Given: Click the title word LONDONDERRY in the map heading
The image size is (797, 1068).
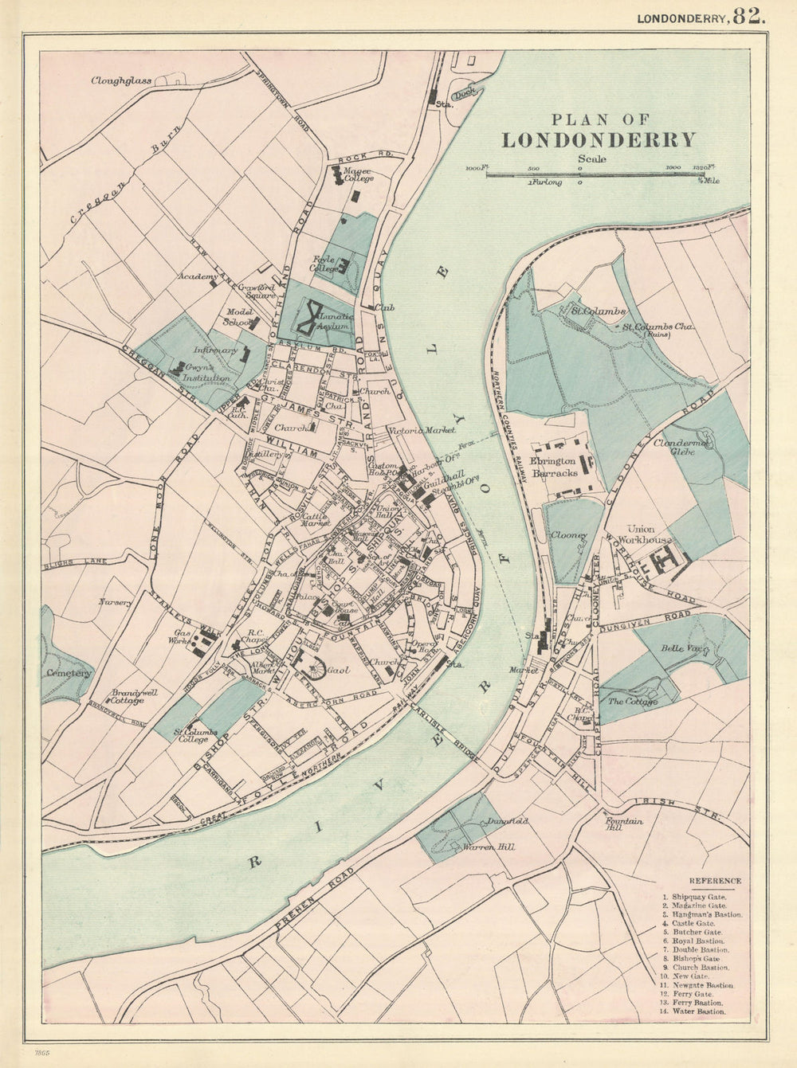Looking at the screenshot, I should [x=598, y=140].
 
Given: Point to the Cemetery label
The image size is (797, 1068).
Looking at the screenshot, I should [x=69, y=673].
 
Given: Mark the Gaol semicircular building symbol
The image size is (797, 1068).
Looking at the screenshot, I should [x=313, y=667].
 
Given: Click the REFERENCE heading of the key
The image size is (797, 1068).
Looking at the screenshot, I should [x=714, y=881].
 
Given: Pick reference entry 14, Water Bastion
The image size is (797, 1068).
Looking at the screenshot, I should [x=694, y=1011].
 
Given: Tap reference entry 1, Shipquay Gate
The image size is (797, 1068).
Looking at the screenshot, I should [x=694, y=897].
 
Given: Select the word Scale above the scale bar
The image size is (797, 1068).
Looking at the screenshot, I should [x=593, y=158].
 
